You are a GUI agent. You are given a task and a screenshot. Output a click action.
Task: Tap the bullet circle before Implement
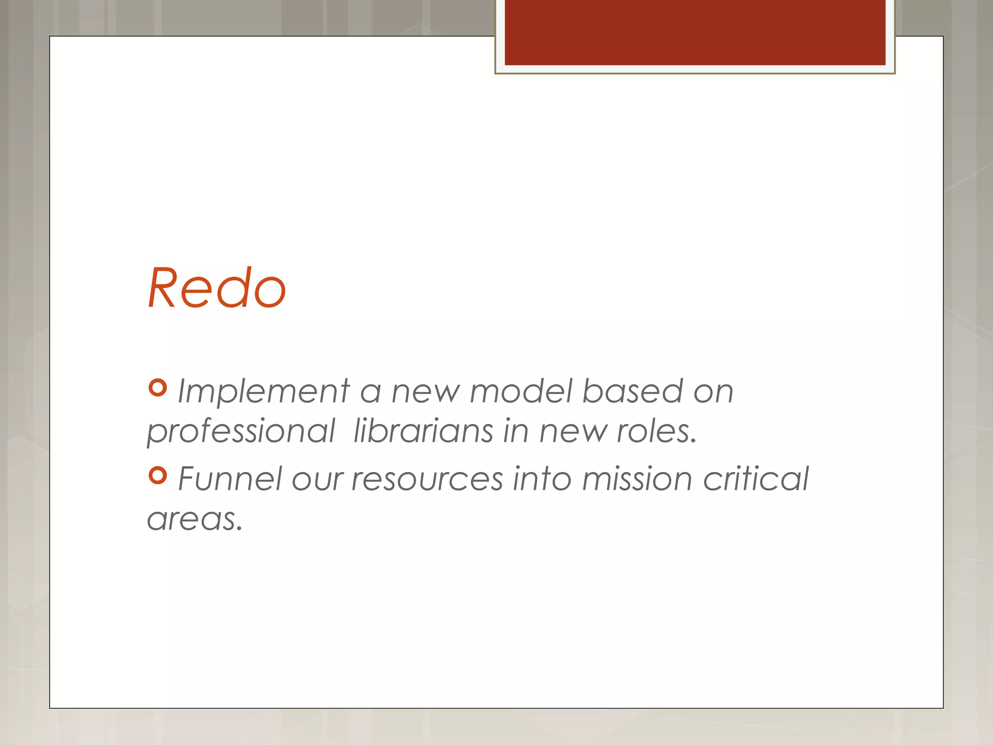[158, 388]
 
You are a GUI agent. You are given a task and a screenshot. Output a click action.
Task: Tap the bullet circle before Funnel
[158, 475]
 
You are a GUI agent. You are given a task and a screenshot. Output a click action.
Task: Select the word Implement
[263, 391]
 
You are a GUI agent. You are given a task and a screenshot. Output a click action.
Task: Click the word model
[521, 391]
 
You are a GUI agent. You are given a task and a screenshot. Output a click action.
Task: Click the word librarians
[423, 431]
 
